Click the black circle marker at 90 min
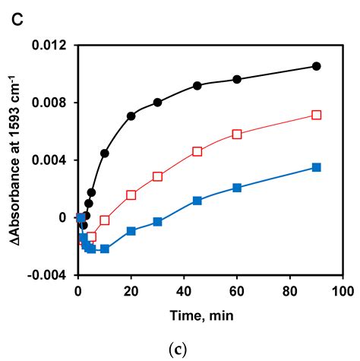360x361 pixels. pos(316,66)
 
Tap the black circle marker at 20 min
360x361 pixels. pos(131,116)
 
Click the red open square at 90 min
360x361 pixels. pos(316,115)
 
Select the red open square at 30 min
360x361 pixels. pos(157,176)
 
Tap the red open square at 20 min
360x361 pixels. pos(131,195)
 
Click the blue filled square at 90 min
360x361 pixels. pos(316,167)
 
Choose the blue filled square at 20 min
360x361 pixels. pos(131,230)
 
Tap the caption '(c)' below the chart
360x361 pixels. pos(180,347)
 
